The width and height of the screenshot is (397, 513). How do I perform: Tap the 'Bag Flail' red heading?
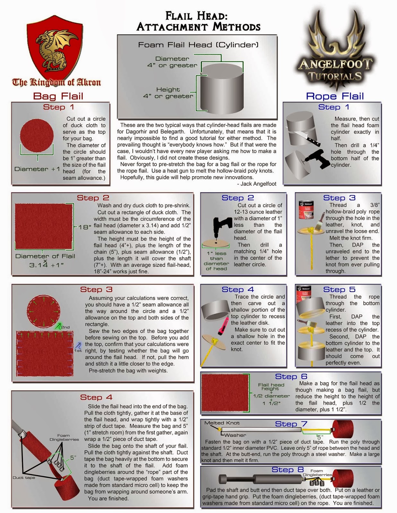pos(58,96)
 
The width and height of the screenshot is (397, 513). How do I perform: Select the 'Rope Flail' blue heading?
pos(335,96)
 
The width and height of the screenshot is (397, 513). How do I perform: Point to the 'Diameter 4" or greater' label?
pos(172,62)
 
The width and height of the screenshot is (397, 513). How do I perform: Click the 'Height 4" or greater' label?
pos(168,93)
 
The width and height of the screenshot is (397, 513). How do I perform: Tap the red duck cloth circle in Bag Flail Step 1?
pos(37,135)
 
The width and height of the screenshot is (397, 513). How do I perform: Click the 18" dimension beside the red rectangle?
pos(85,227)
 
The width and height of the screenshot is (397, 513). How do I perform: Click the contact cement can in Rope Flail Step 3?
pos(306,210)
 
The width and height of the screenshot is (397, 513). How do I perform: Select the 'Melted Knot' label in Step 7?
pos(222,423)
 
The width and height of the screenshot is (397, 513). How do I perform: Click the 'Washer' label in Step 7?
pos(235,435)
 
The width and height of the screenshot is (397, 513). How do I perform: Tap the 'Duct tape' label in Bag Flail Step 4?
pos(24,478)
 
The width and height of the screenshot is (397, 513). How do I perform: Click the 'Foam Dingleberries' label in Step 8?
pos(317,473)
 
